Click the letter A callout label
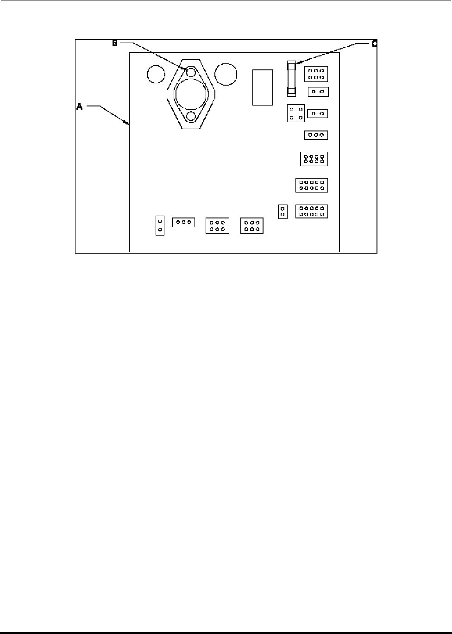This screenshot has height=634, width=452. pos(79,106)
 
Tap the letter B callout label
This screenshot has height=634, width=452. pos(115,43)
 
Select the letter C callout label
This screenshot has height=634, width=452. pos(374,44)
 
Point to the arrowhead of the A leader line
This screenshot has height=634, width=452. pos(128,123)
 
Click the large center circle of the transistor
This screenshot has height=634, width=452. pos(191,94)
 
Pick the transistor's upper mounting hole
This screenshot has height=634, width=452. pos(191,72)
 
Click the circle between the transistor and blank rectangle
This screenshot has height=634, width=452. pos(226,74)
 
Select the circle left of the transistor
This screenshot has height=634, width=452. pos(156,74)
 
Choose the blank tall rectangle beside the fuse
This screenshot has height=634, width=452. pos(262,87)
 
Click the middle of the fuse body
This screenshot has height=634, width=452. pos(291,78)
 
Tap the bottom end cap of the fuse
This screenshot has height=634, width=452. pos(291,93)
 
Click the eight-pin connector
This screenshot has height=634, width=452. pos(314,159)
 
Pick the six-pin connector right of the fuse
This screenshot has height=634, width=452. pos(316,74)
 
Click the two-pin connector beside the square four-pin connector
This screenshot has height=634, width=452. pos(318,113)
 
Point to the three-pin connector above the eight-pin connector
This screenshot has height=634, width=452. pos(316,135)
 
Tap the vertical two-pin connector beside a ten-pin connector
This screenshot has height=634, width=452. pos(282,211)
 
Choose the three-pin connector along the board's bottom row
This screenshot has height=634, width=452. pos(183,223)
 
